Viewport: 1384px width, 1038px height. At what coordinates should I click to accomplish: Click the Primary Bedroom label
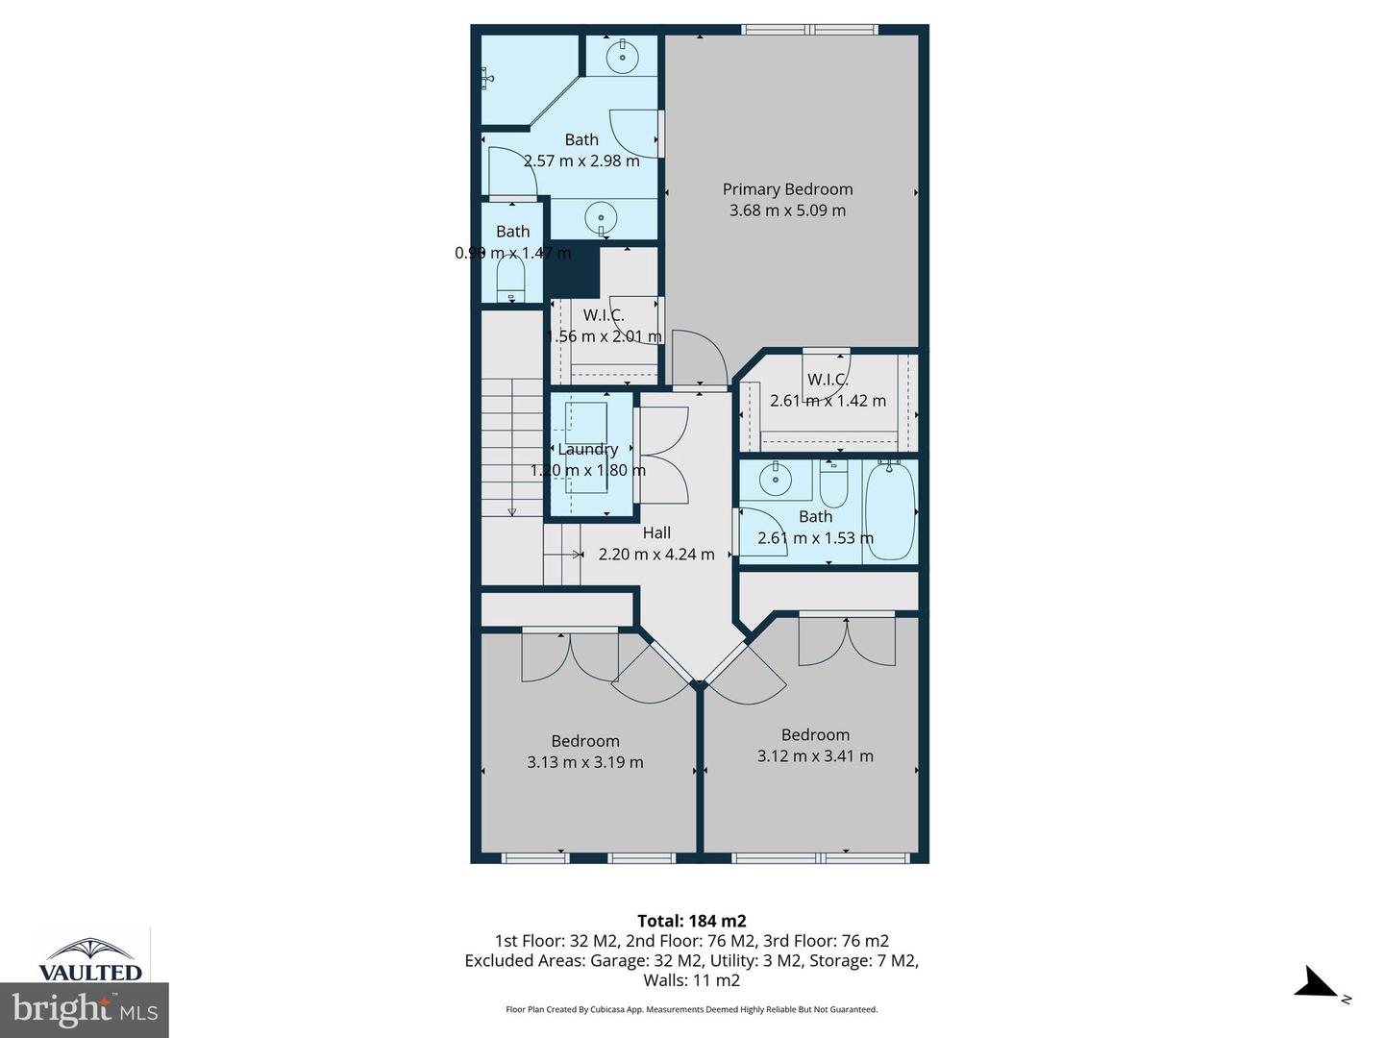(787, 189)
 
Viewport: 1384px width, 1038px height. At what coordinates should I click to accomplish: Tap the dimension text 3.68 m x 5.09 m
(787, 210)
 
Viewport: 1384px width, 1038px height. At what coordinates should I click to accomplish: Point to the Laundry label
(587, 449)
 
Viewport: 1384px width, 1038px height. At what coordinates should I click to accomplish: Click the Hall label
(656, 532)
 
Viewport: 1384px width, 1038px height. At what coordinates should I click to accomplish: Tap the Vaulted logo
(89, 958)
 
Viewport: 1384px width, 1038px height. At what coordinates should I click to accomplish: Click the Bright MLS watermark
(85, 1009)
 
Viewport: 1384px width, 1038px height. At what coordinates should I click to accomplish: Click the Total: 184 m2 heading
(691, 921)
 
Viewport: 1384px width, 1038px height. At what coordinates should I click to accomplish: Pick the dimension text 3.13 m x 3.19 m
(584, 762)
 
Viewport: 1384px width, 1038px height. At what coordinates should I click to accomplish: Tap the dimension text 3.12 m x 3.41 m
(815, 755)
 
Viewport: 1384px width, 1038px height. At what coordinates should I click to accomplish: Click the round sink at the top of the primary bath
(623, 57)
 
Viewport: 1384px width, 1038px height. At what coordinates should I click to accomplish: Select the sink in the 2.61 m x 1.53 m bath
(774, 479)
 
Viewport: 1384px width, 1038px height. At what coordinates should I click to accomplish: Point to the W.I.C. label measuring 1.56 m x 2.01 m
(604, 314)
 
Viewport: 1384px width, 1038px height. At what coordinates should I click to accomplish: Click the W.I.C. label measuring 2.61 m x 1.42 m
(828, 379)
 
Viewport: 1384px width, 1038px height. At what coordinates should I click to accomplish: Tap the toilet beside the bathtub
(833, 485)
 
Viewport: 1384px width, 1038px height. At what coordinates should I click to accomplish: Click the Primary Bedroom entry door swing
(699, 359)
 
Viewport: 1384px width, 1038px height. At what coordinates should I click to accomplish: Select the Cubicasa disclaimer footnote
(691, 1009)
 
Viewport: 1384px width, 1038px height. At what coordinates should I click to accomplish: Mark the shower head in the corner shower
(488, 78)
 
